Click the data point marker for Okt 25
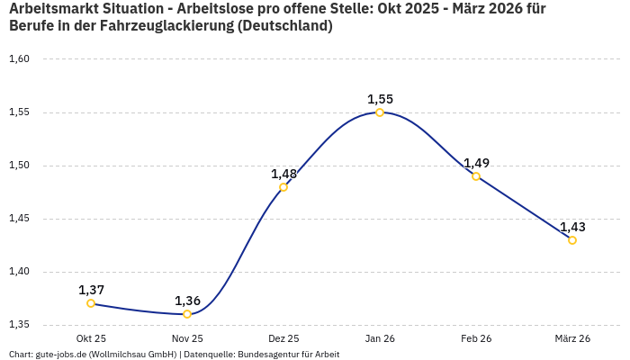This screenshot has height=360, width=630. click(91, 303)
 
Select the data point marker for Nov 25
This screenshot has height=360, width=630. click(187, 314)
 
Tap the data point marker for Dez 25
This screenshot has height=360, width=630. click(283, 187)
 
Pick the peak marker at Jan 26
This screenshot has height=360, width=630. click(380, 112)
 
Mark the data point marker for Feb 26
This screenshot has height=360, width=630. click(476, 176)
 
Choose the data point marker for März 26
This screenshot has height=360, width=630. click(572, 240)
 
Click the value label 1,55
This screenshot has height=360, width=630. click(380, 99)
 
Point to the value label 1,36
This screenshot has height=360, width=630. click(187, 301)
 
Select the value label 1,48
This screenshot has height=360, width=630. click(283, 174)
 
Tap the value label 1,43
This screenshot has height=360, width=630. click(572, 227)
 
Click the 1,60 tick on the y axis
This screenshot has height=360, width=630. click(19, 59)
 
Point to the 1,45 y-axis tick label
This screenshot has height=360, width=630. click(19, 219)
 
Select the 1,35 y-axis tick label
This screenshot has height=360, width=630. click(19, 325)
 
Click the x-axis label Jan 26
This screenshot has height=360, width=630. click(380, 338)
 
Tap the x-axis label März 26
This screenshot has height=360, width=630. click(572, 338)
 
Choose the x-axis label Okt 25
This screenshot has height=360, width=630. click(91, 338)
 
